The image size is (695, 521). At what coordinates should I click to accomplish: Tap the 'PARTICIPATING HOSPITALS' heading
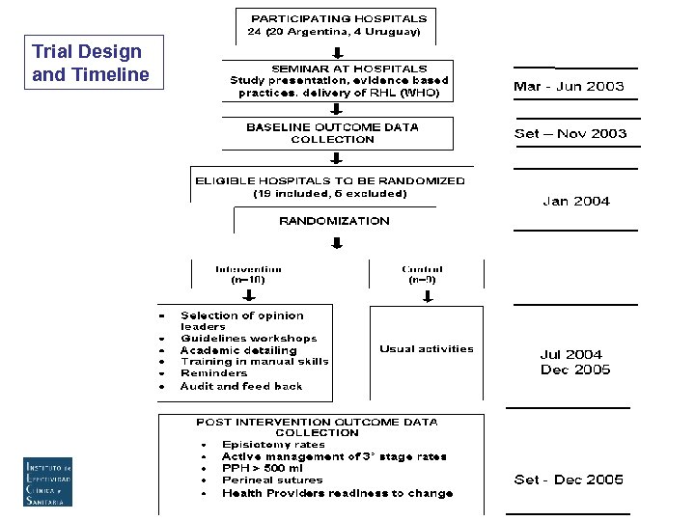coord(338,18)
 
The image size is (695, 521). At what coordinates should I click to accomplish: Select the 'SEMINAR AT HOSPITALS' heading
coord(336,69)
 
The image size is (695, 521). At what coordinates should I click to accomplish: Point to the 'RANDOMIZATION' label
coord(335,221)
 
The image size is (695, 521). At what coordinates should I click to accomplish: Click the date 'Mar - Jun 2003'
coord(569,86)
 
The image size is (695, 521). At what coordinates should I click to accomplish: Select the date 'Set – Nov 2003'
coord(570,134)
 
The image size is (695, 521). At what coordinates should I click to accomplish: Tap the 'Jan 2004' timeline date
coord(576,202)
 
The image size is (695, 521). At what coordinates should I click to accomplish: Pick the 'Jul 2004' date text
coord(571,355)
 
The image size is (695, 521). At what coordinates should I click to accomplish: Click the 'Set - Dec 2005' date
coord(569,480)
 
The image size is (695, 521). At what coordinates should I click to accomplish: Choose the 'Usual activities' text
coord(427,349)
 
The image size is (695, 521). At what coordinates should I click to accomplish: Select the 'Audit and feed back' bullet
coord(241,386)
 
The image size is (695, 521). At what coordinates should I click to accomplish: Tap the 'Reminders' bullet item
coord(213,373)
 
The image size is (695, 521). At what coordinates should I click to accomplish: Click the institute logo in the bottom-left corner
coord(48,481)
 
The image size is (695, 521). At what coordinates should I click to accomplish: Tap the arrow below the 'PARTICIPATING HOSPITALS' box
coord(337,52)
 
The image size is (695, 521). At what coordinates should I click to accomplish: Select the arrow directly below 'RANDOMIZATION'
coord(337,242)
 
